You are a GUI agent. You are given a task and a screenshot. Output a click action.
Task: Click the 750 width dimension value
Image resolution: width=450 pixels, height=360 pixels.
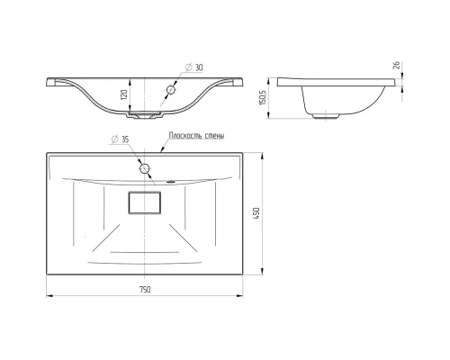pos(145,290)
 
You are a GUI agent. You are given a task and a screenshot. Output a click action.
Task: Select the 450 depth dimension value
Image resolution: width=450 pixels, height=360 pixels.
pos(256,213)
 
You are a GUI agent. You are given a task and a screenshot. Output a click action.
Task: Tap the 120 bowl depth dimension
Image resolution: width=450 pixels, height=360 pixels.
pos(124,94)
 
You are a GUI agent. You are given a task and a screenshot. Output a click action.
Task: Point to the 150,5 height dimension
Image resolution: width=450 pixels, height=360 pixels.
pos(263,96)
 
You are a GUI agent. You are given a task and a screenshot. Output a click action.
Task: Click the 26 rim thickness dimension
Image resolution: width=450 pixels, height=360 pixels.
pos(396,66)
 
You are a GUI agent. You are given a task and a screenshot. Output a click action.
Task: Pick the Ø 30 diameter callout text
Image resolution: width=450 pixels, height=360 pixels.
pos(194,67)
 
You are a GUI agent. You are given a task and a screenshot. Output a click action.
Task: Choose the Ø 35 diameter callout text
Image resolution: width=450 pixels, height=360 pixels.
pos(120,139)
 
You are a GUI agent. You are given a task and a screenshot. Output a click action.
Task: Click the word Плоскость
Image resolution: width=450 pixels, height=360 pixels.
pos(185,136)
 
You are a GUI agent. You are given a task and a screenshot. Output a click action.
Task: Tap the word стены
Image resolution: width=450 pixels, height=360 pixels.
pos(214,136)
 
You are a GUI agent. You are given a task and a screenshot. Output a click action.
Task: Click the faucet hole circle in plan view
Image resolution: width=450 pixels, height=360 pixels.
pos(145,168)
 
